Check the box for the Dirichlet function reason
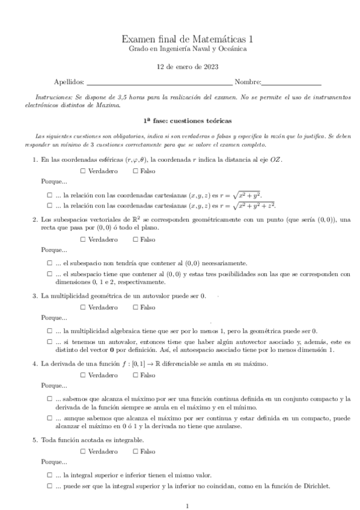[49, 487]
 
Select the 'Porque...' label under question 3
[54, 318]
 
